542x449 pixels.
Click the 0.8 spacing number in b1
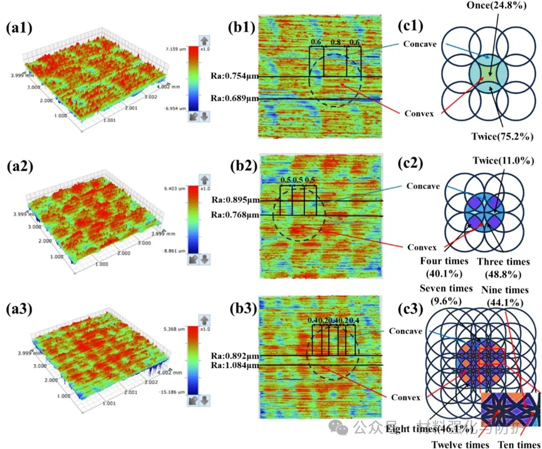336,43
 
